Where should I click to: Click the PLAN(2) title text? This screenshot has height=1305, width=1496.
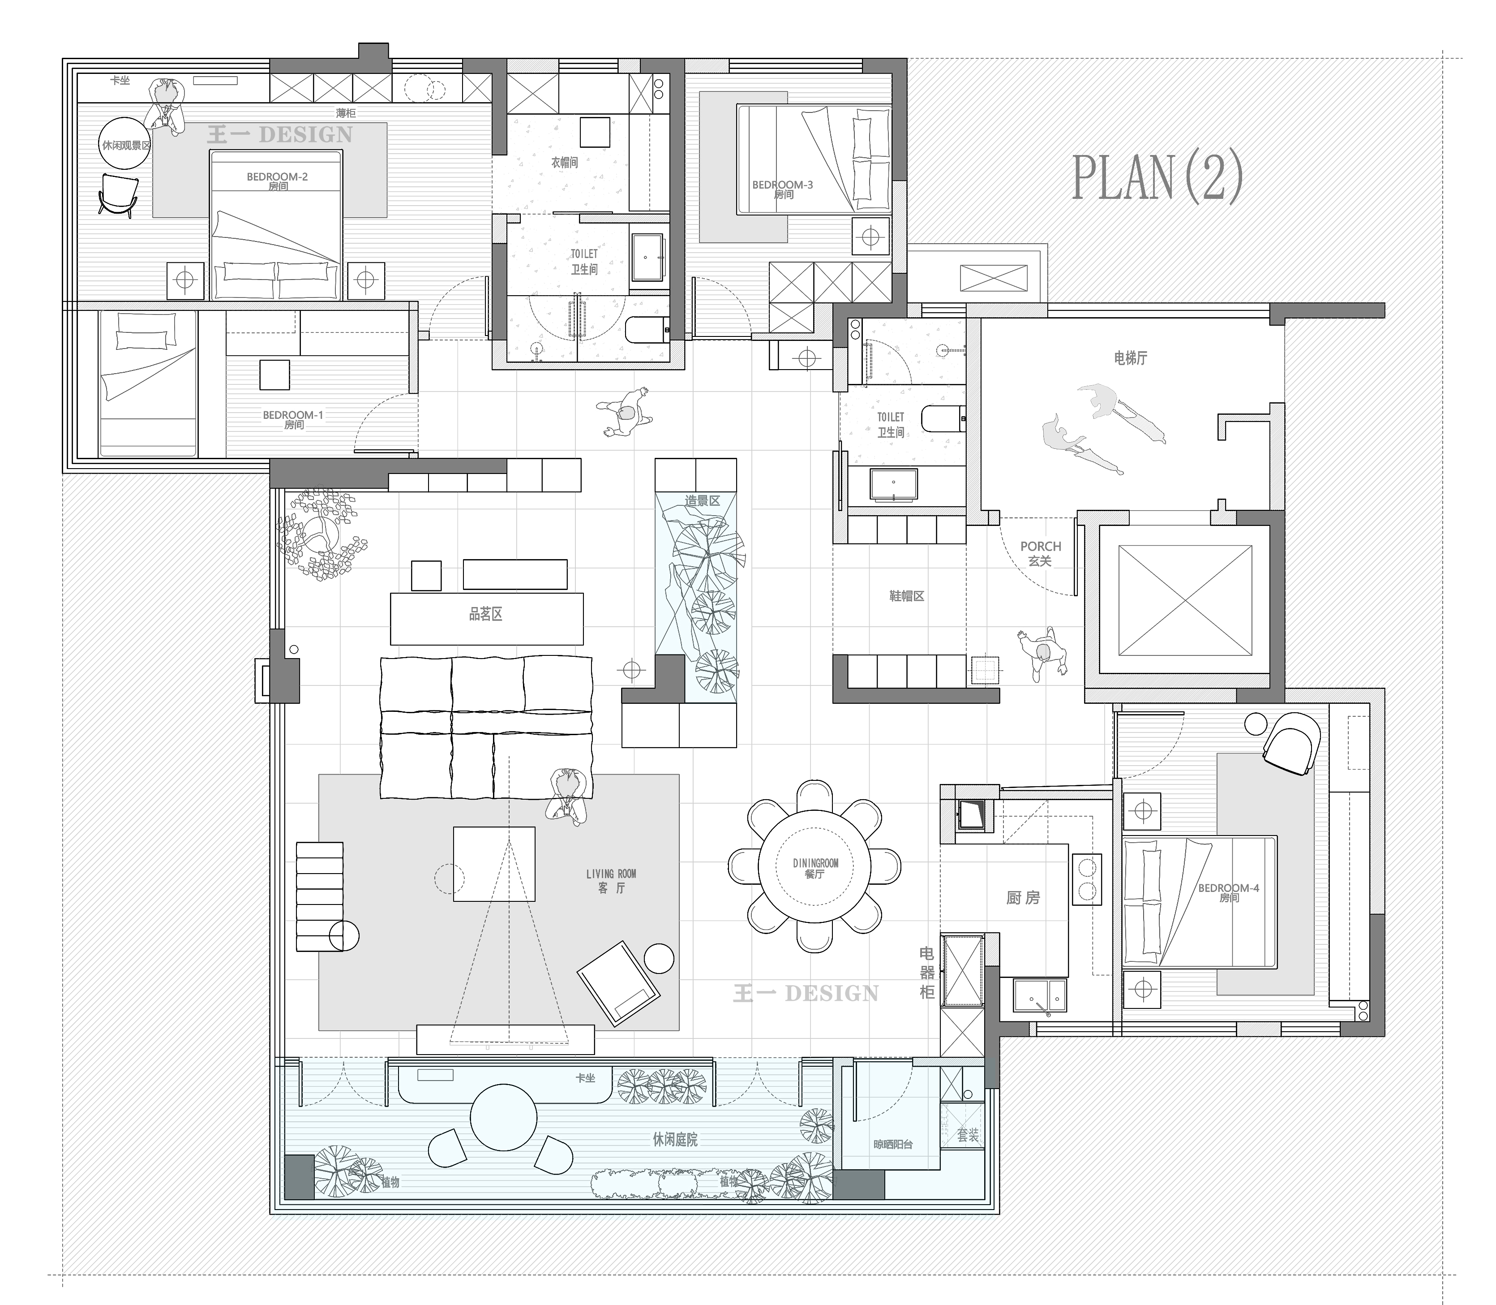(1157, 178)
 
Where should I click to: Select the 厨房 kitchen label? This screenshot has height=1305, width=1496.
(1023, 898)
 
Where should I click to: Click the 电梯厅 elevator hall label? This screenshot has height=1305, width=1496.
(1131, 357)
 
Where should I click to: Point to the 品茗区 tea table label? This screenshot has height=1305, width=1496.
(485, 614)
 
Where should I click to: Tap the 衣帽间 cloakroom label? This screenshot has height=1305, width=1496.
(565, 162)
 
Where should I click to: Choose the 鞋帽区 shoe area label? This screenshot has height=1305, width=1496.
(907, 596)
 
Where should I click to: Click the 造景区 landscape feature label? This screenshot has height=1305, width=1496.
(703, 501)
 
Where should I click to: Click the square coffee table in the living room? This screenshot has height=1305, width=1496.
(494, 864)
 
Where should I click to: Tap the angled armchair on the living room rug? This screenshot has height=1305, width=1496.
(619, 983)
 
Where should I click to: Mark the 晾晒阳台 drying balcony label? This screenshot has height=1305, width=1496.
(893, 1145)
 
